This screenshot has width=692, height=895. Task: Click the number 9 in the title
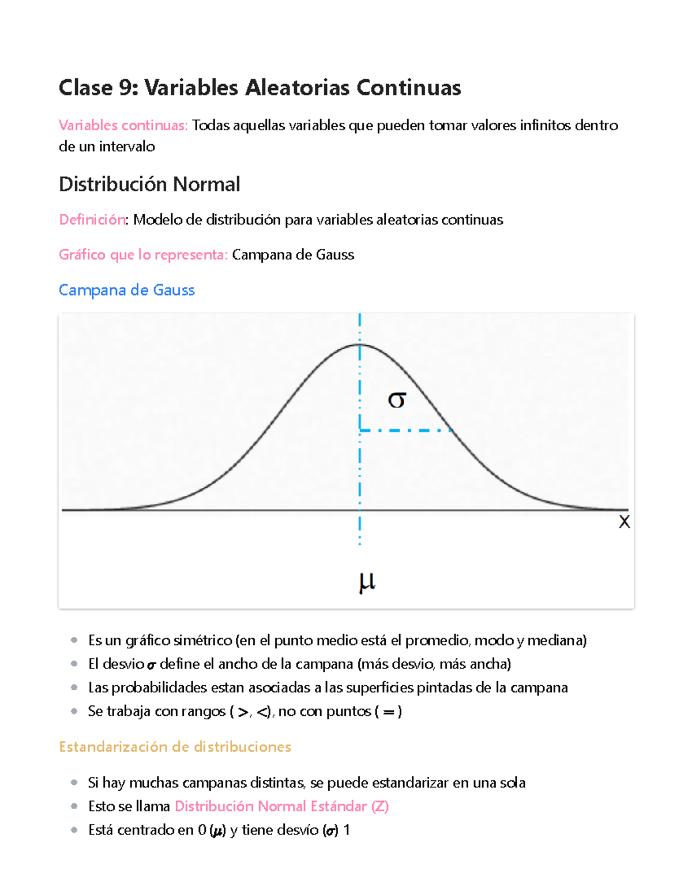pos(125,88)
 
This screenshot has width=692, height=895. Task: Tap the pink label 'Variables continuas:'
pos(123,126)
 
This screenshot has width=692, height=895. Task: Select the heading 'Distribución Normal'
pos(149,184)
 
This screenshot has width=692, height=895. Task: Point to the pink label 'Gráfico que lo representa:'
pos(143,255)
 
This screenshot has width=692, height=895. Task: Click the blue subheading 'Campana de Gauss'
pos(127,290)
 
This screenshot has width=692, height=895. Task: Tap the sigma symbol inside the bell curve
pos(397,399)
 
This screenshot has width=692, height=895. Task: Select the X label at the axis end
pos(624,522)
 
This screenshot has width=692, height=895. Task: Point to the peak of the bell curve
pos(360,345)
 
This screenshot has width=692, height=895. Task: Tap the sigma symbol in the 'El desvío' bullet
pos(151,665)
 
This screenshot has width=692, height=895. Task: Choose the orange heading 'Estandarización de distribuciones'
pos(175,747)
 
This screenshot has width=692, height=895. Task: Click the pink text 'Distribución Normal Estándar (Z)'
pos(281,806)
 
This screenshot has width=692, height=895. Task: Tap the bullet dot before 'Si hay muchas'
pos(74,783)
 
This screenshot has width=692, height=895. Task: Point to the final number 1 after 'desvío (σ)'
pos(347,830)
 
